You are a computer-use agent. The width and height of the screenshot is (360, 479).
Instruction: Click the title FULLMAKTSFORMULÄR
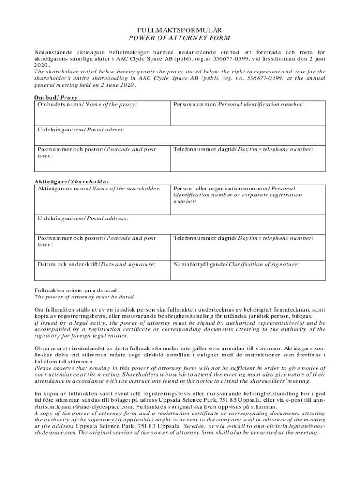(180, 29)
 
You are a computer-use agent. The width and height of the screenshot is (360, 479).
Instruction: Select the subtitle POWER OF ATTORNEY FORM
(180, 37)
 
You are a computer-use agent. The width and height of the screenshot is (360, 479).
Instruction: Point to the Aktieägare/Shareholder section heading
(72, 181)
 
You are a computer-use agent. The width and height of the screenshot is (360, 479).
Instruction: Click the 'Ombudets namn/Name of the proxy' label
(87, 104)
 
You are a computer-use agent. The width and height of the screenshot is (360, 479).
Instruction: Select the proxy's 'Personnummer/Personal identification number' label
(238, 104)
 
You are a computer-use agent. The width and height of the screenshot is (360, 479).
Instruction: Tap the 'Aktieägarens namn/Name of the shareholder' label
(99, 189)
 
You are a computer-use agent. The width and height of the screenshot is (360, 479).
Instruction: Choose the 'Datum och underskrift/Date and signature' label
(96, 265)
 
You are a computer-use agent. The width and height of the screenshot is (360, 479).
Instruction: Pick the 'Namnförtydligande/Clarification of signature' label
(236, 265)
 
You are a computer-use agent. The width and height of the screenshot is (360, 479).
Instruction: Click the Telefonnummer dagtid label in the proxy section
(243, 149)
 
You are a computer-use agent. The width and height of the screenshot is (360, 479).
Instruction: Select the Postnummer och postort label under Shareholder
(96, 238)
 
